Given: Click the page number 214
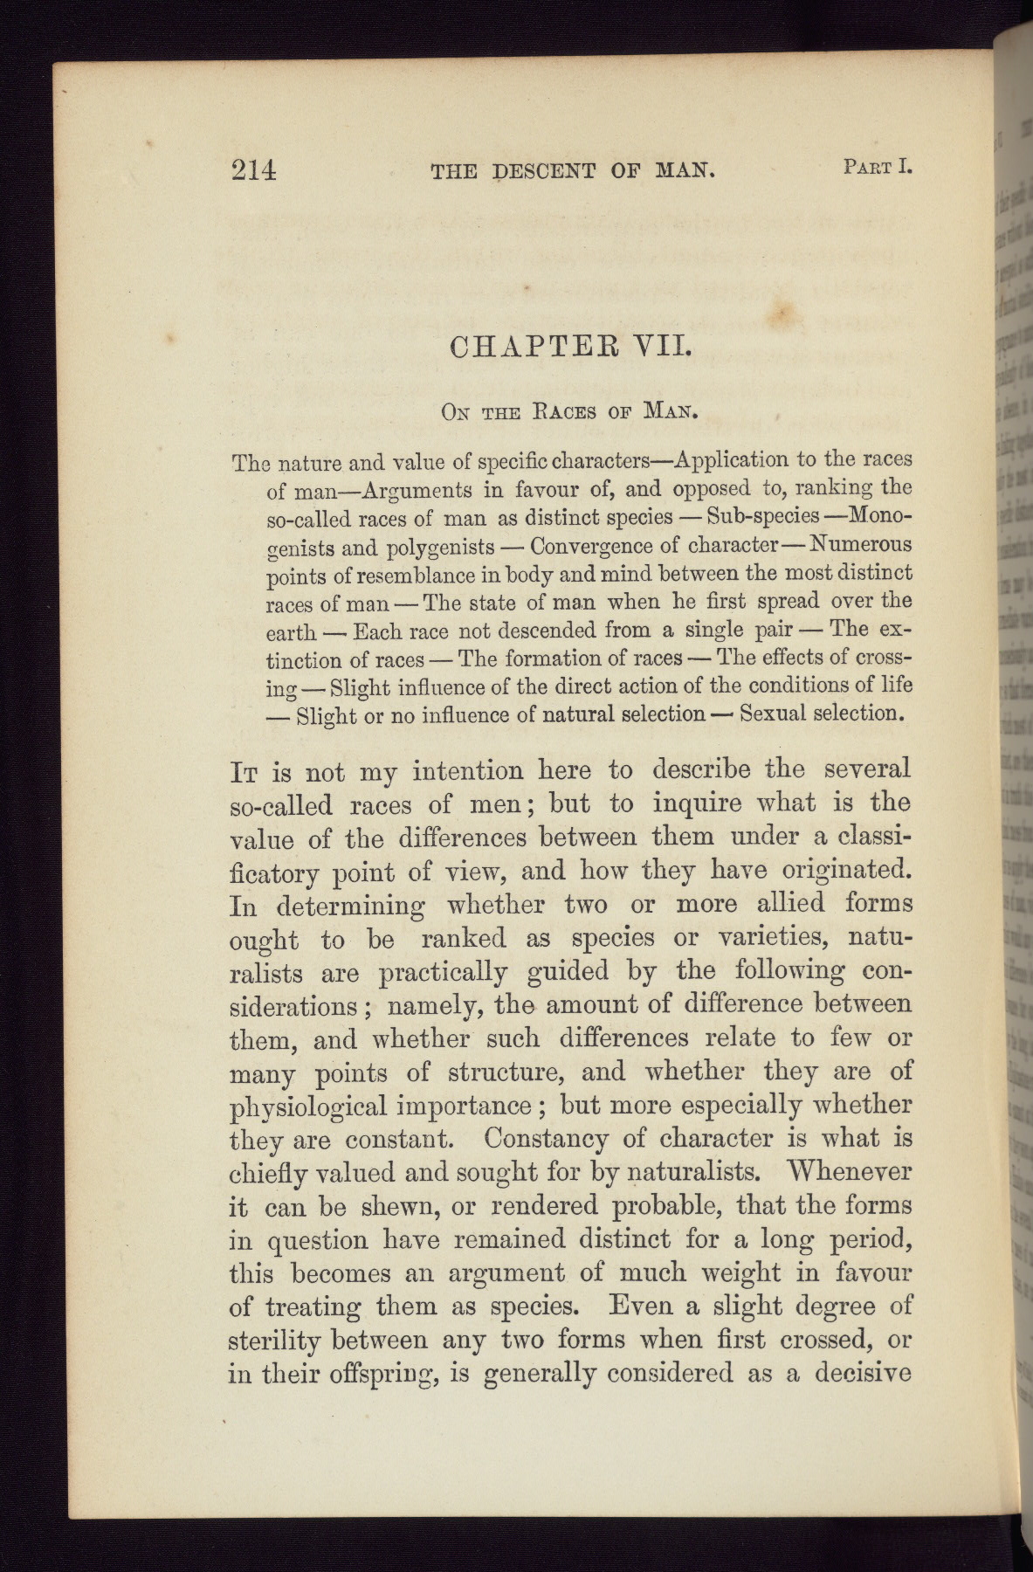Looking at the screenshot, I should click(254, 169).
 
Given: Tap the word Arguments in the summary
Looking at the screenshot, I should click(430, 488).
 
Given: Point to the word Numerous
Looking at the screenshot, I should click(860, 543).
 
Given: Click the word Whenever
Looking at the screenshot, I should click(850, 1170).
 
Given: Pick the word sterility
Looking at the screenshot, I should click(277, 1341).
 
